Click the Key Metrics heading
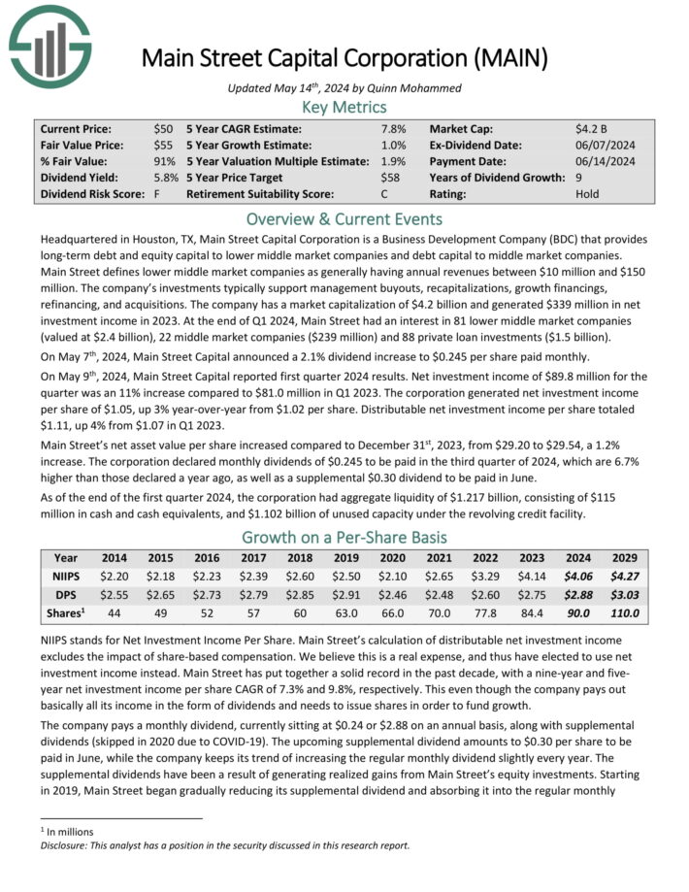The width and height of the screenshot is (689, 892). pyautogui.click(x=344, y=107)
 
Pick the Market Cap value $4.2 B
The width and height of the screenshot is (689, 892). pyautogui.click(x=592, y=128)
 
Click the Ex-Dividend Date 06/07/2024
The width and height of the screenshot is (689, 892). pyautogui.click(x=605, y=145)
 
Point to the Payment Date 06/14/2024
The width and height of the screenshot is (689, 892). pyautogui.click(x=605, y=161)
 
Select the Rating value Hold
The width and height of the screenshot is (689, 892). pyautogui.click(x=588, y=193)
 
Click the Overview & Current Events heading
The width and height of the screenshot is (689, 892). pyautogui.click(x=344, y=218)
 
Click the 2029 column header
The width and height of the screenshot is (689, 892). pyautogui.click(x=624, y=558)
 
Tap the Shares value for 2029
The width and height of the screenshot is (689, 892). pyautogui.click(x=624, y=612)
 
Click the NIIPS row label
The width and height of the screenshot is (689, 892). pyautogui.click(x=67, y=576)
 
